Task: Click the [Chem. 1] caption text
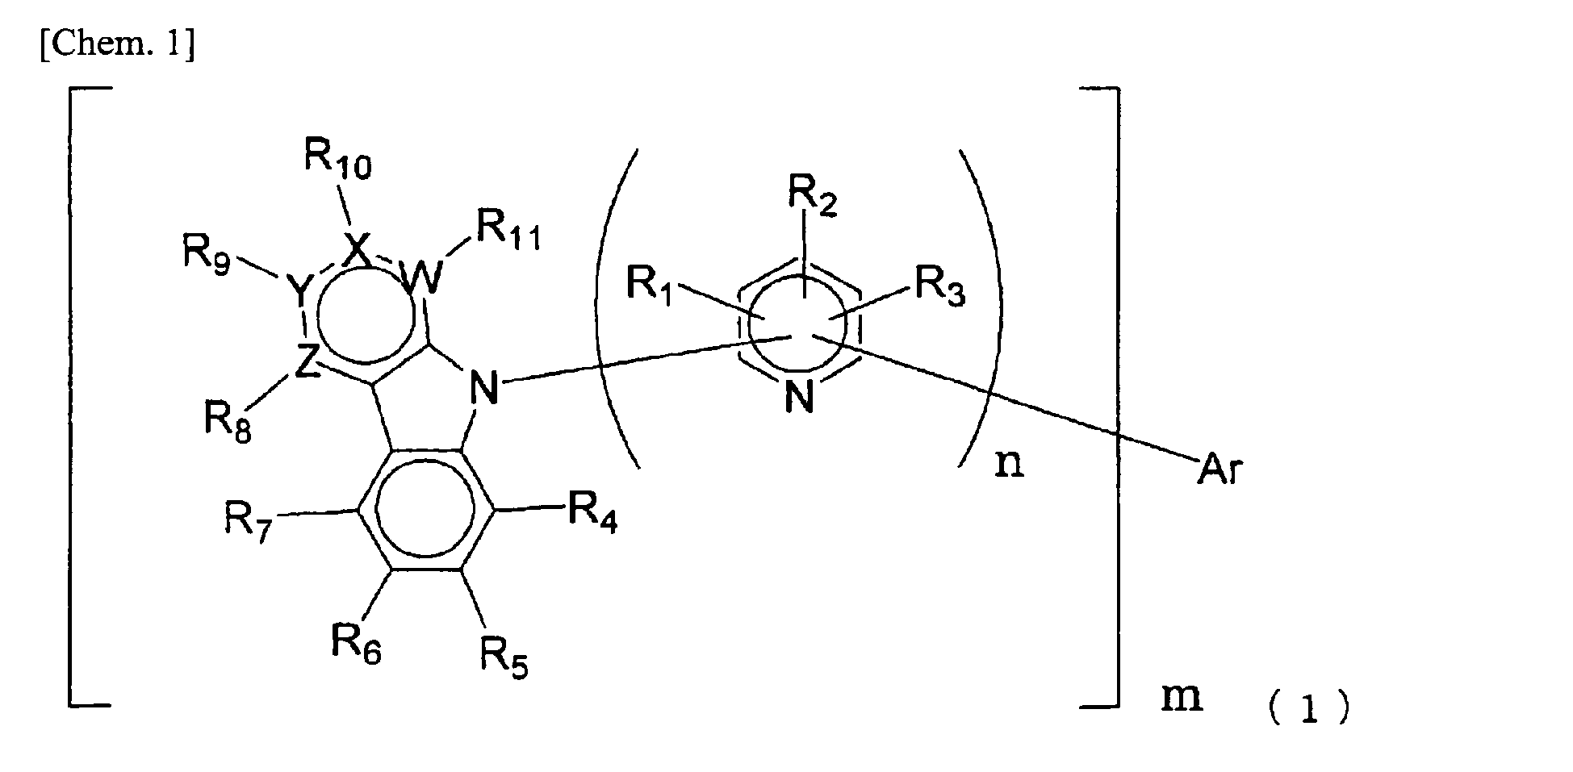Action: (x=115, y=45)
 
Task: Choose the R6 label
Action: (x=356, y=642)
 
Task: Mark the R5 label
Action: (x=505, y=654)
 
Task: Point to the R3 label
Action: (x=939, y=286)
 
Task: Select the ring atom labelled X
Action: (x=356, y=250)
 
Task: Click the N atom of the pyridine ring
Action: (x=798, y=397)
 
